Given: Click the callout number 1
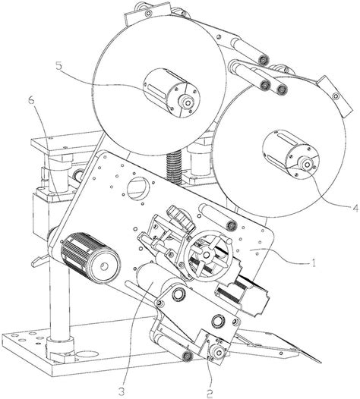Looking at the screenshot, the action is (314, 263).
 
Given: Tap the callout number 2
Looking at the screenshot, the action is (210, 394).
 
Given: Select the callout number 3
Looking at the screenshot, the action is (122, 390).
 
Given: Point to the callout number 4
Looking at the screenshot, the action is (354, 209).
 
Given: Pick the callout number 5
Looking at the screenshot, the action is (58, 66).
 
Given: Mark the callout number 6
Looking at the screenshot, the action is (31, 101).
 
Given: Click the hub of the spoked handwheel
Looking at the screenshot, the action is (207, 254).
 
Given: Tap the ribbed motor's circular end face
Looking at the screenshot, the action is (105, 266).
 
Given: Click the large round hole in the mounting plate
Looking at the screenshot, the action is (137, 189).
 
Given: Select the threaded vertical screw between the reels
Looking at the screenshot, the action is (174, 167).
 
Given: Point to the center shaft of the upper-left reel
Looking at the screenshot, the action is (188, 103).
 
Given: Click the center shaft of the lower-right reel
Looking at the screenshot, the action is (308, 165).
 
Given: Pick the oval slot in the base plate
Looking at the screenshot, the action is (87, 354).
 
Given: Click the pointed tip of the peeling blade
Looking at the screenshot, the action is (320, 362).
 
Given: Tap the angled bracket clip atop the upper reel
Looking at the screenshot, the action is (148, 13).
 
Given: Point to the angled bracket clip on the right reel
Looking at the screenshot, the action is (335, 96).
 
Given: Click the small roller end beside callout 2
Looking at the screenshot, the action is (219, 352).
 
